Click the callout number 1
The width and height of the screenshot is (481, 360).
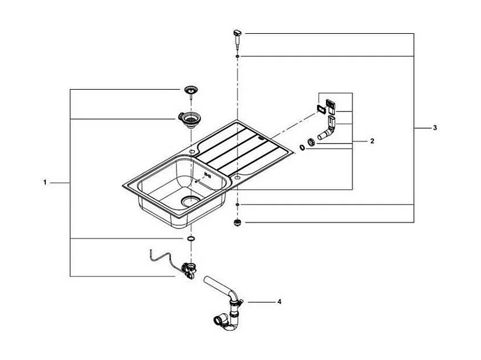coord(44,182)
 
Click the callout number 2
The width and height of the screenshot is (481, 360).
coord(372,140)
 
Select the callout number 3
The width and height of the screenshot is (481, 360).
coord(435,127)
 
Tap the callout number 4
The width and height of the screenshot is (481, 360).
coord(279,301)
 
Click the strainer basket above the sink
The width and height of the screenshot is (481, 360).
coord(190,90)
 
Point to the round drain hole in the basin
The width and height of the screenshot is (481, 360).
coord(190,201)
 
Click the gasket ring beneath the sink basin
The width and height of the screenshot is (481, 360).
coord(190,237)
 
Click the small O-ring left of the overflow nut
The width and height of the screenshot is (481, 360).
coord(301,148)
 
